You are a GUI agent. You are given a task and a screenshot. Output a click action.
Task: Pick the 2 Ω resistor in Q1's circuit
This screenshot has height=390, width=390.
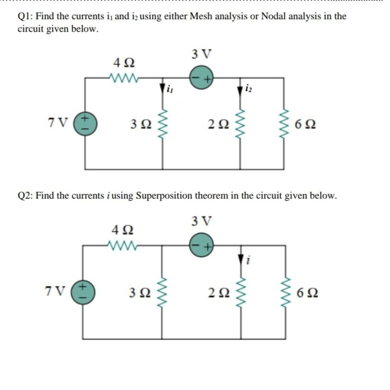pos(240,123)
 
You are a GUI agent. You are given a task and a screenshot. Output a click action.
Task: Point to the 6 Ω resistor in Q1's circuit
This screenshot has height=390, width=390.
pos(283,123)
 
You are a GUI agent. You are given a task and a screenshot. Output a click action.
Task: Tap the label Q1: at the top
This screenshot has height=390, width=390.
pos(25,17)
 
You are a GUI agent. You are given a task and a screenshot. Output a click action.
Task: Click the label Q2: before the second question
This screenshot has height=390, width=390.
pos(25,196)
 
